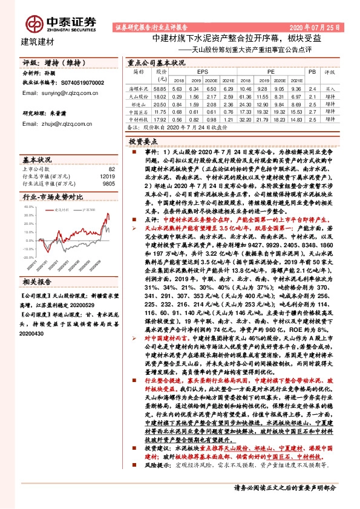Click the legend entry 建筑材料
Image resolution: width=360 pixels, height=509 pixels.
[62, 209]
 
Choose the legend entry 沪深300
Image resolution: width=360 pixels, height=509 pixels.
[88, 209]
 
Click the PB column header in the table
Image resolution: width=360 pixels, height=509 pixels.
[312, 71]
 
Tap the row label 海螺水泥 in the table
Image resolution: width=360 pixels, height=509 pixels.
[140, 88]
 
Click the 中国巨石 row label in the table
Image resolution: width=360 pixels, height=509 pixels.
[140, 112]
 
